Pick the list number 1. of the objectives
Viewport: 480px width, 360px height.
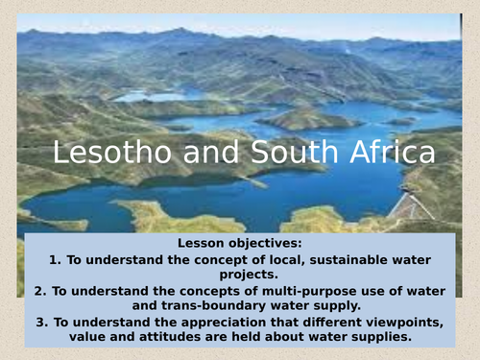click(x=53, y=260)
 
